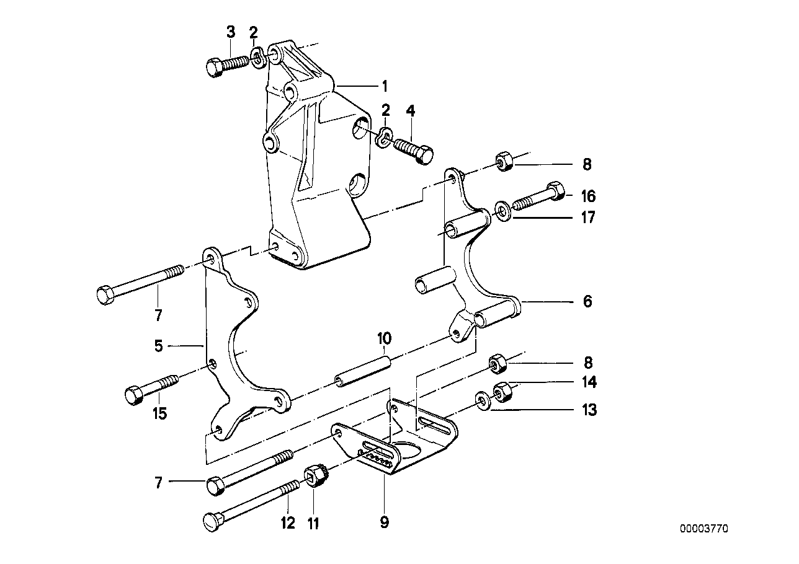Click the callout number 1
point(384,85)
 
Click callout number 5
point(159,346)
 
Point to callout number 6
point(587,302)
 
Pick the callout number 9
point(384,522)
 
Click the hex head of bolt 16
point(556,190)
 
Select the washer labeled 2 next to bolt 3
point(257,58)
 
